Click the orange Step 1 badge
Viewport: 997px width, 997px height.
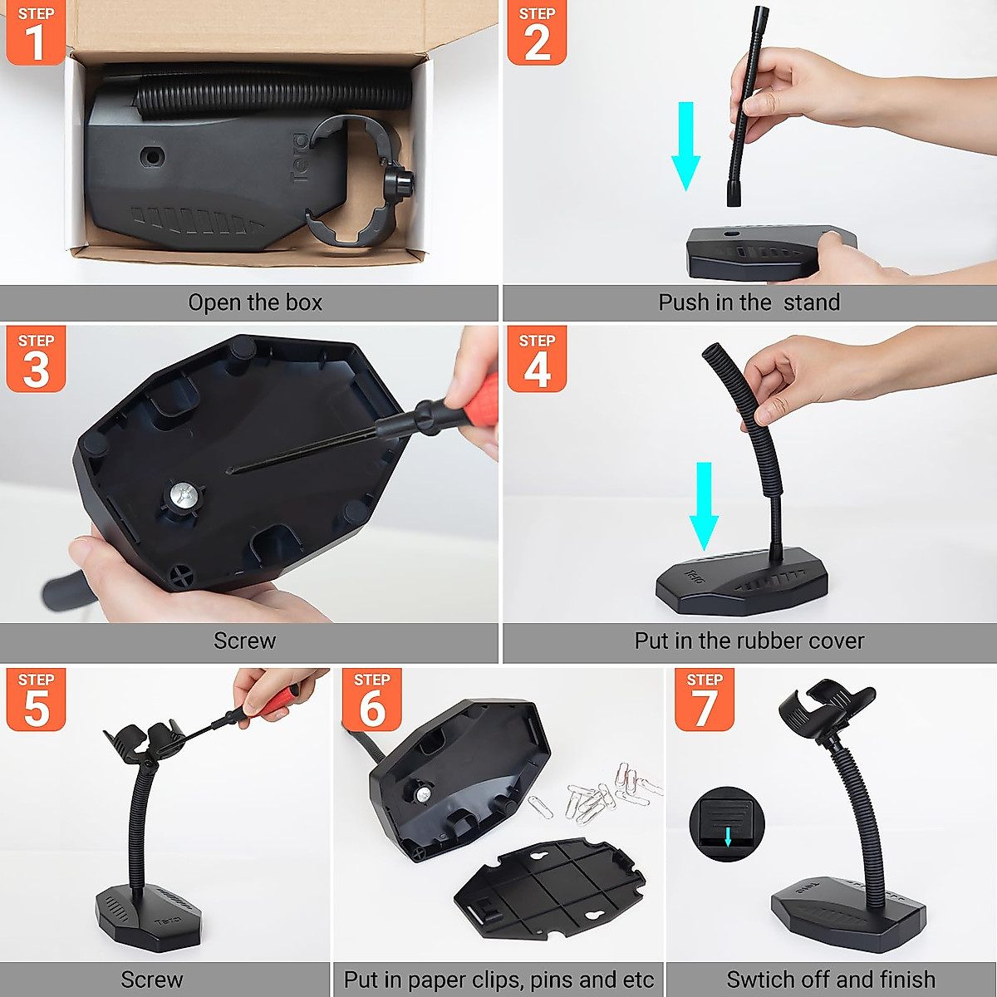point(35,33)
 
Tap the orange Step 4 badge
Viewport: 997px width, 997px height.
point(537,359)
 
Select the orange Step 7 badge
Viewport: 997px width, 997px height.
point(705,700)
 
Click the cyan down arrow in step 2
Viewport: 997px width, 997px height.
point(685,145)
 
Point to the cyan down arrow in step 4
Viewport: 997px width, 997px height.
point(705,505)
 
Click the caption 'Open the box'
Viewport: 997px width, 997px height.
point(255,302)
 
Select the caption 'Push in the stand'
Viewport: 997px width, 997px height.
point(749,302)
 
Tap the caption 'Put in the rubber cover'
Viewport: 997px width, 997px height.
point(749,641)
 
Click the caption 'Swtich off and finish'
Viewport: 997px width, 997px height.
point(830,980)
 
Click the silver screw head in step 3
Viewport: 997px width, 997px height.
point(184,497)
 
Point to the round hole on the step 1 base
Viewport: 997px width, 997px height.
point(151,156)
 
